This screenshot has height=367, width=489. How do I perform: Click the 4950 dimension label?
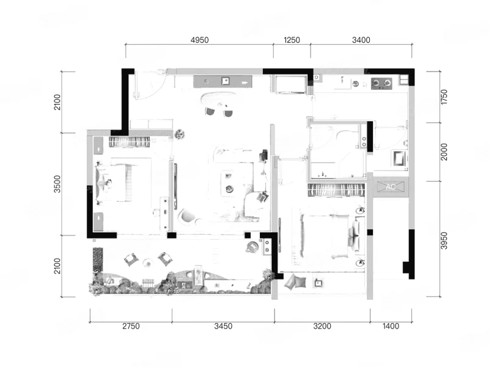click(x=200, y=40)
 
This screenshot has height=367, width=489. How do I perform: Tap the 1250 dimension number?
click(x=292, y=40)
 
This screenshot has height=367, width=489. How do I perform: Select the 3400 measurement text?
click(x=361, y=40)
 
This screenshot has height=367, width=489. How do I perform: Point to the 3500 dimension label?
click(x=57, y=184)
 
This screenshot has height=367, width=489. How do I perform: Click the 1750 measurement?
click(x=444, y=97)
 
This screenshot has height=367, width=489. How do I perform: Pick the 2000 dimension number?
click(x=444, y=152)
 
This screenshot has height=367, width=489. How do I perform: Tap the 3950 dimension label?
click(x=444, y=240)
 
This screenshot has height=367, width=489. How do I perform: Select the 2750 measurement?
click(x=131, y=326)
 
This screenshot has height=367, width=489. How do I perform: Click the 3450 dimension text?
click(x=223, y=326)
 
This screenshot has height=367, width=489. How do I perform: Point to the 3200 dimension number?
click(x=322, y=326)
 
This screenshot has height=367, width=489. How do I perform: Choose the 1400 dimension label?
click(x=391, y=326)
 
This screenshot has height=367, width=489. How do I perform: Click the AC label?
click(x=391, y=187)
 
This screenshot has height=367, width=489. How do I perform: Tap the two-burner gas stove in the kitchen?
click(x=381, y=83)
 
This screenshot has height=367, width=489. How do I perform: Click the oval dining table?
click(x=218, y=100)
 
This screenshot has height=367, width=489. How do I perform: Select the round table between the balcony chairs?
click(x=147, y=263)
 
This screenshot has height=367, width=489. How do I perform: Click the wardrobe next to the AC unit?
click(x=336, y=190)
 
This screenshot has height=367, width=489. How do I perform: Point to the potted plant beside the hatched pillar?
click(x=180, y=134)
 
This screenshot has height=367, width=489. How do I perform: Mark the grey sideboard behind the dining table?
click(x=222, y=82)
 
